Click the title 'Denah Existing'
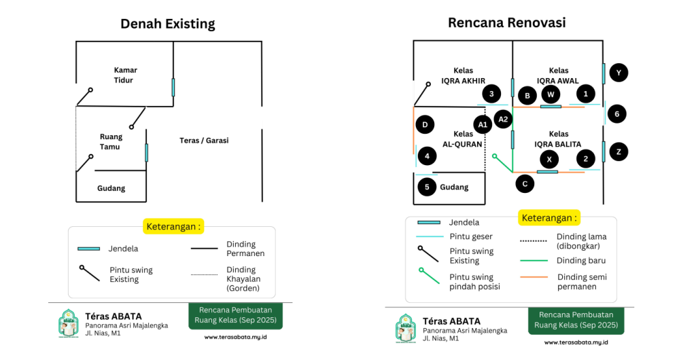pyautogui.click(x=167, y=24)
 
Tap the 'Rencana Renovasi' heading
pyautogui.click(x=506, y=22)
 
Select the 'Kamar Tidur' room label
pyautogui.click(x=125, y=75)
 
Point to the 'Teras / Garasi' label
pyautogui.click(x=204, y=141)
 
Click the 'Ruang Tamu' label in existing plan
pyautogui.click(x=111, y=141)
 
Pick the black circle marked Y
pyautogui.click(x=619, y=73)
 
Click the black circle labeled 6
pyautogui.click(x=616, y=114)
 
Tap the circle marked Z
pyautogui.click(x=619, y=152)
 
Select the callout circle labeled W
pyautogui.click(x=551, y=94)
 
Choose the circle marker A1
pyautogui.click(x=483, y=125)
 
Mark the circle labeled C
pyautogui.click(x=524, y=183)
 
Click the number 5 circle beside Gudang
pyautogui.click(x=427, y=187)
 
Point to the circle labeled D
pyautogui.click(x=425, y=125)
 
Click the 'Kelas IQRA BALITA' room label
pyautogui.click(x=559, y=139)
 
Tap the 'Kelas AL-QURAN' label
pyautogui.click(x=463, y=139)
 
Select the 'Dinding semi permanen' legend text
pyautogui.click(x=582, y=281)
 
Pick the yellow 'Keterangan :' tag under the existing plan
pyautogui.click(x=173, y=226)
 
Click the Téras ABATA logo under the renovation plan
pyautogui.click(x=406, y=327)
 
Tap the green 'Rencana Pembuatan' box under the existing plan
pyautogui.click(x=235, y=317)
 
